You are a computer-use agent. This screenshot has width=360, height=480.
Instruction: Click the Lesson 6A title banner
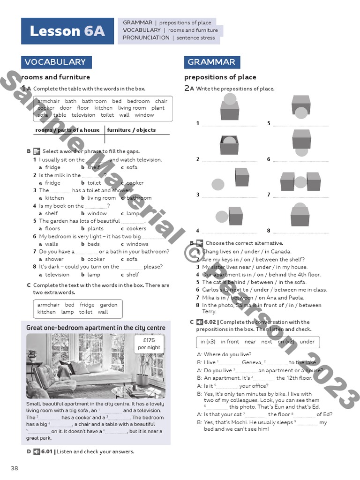(67, 31)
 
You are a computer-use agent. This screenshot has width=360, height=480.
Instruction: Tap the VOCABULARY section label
(55, 62)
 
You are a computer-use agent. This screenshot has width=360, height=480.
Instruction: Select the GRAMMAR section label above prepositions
(211, 62)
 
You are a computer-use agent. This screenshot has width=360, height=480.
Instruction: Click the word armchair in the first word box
(49, 101)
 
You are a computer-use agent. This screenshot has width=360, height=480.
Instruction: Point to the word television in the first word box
(83, 115)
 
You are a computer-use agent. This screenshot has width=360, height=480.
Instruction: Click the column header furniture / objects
(131, 130)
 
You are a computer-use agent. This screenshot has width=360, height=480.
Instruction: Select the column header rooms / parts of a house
(67, 130)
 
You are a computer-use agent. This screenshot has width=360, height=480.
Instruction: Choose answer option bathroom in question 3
(139, 198)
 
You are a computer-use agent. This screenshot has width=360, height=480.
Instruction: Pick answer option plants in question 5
(96, 229)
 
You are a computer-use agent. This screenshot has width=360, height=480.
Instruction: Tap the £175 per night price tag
(149, 344)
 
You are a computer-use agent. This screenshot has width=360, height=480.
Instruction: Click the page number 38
(15, 468)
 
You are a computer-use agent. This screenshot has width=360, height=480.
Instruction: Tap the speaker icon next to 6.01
(37, 452)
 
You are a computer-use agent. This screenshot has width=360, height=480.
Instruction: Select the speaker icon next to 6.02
(200, 322)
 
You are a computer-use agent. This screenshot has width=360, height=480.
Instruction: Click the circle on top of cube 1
(230, 99)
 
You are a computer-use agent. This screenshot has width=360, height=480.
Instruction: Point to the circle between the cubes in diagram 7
(300, 181)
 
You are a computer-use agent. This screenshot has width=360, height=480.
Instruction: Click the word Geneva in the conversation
(252, 362)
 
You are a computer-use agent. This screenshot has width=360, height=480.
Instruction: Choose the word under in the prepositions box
(307, 342)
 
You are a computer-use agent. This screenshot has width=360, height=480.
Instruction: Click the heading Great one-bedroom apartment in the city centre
(96, 328)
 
